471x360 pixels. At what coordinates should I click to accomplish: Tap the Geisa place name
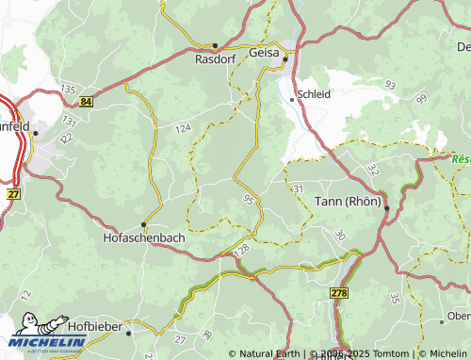point(263,54)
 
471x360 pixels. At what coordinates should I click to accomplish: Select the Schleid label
point(313,95)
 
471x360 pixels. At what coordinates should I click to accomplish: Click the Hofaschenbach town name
point(143,238)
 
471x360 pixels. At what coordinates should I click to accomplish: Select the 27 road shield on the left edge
point(13,193)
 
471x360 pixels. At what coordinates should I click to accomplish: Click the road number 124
point(183,127)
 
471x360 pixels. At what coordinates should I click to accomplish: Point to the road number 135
point(67,89)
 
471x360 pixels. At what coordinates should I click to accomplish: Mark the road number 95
point(248,199)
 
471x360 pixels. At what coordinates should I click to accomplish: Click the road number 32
point(372,170)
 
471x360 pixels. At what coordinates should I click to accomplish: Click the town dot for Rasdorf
point(215,44)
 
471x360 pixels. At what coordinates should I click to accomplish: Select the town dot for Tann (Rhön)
point(386,208)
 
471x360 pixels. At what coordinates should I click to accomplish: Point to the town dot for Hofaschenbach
point(143,224)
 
